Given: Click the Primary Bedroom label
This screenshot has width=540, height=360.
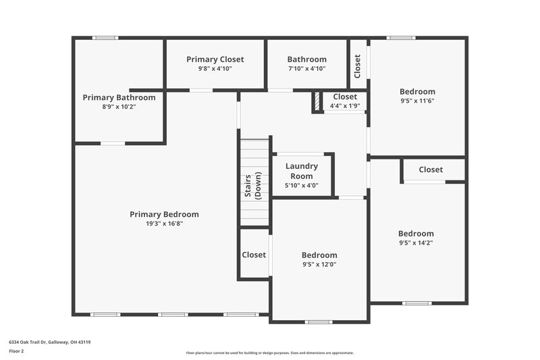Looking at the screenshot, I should [x=164, y=214].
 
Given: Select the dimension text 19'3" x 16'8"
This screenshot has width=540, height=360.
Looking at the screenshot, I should [x=164, y=224].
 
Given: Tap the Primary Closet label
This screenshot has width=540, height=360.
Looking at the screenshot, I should [x=215, y=59].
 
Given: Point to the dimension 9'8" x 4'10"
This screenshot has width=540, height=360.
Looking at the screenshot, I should [x=215, y=69].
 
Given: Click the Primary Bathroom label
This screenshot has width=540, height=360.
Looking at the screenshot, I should [x=119, y=97].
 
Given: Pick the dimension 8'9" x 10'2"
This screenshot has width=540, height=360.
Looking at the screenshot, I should [x=119, y=107].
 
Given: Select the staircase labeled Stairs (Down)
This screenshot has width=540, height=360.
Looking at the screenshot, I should [x=255, y=182].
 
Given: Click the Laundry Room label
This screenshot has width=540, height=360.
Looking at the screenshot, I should [x=301, y=171].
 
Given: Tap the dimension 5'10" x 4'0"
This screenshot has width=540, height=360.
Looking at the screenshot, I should [x=301, y=186].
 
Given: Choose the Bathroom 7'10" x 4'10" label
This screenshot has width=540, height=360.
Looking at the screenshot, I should [x=306, y=59].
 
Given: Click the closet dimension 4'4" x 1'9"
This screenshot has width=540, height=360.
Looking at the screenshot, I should [x=345, y=106].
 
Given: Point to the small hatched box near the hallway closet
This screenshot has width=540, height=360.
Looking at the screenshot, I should [x=316, y=102].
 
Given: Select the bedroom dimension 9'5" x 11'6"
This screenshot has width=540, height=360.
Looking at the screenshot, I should [x=417, y=101].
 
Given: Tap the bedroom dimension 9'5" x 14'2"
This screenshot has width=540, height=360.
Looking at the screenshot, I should [x=416, y=243].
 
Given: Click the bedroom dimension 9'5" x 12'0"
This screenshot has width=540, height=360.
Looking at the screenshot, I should [x=319, y=264].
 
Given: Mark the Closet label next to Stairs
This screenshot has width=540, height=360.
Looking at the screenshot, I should [x=254, y=255].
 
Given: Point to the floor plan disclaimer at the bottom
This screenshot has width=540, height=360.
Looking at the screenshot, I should [x=269, y=353].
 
